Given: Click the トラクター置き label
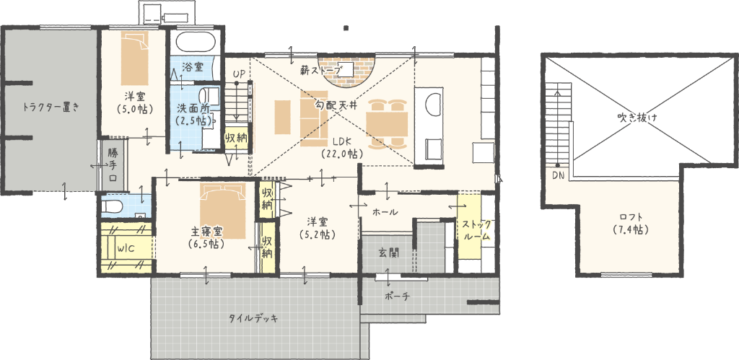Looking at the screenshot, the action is (51, 107).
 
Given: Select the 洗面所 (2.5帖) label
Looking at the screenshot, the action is (193, 114).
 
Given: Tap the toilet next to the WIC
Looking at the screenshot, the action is (112, 206).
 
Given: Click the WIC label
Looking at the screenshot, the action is (126, 249).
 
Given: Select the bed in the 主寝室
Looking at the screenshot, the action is (223, 209).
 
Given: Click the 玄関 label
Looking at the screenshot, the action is (389, 252).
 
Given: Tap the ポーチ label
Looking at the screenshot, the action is (398, 296).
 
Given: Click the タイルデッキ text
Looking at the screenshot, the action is (253, 317).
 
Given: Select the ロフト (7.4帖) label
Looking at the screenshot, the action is (631, 224).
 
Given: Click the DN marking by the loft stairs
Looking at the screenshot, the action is (558, 175).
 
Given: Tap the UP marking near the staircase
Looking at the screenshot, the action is (239, 74).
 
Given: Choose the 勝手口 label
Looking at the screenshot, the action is (113, 165).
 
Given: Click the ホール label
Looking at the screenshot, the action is (385, 212).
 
